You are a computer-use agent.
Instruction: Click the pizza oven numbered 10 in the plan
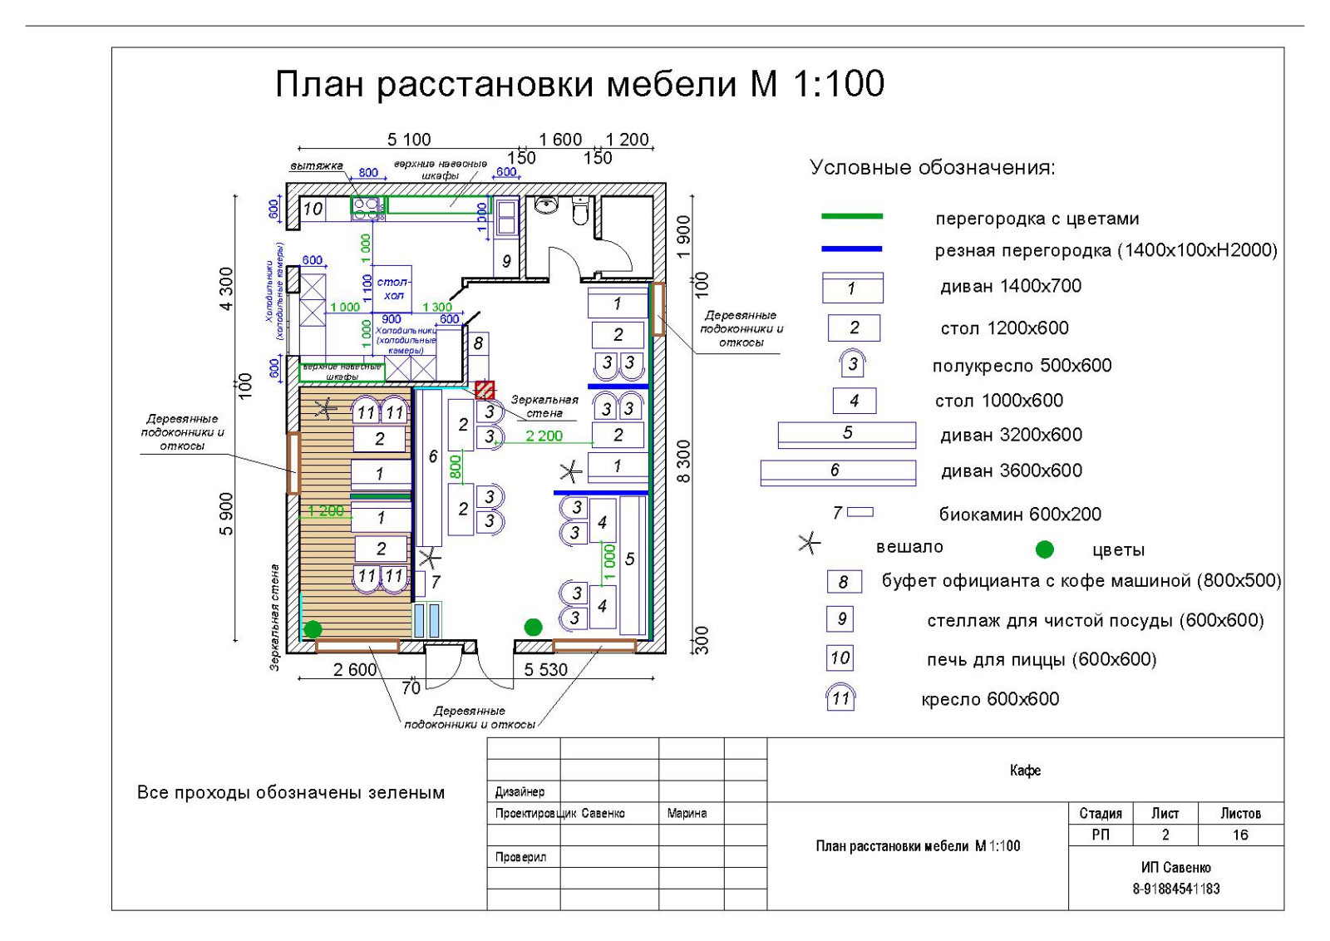coord(313,209)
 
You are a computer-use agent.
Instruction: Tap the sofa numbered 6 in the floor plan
coord(431,466)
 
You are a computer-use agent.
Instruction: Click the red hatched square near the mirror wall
coord(485,390)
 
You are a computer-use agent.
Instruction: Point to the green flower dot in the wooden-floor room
coord(313,629)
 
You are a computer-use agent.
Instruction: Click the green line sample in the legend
coord(851,216)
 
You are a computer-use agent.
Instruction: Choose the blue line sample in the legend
coord(851,249)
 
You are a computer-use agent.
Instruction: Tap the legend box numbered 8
coord(843,582)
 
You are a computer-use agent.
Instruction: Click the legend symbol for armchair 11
coord(840,697)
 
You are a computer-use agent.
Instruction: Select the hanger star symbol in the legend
coord(809,544)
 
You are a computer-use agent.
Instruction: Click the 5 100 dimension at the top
coord(409,140)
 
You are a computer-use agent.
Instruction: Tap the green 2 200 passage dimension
coord(544,436)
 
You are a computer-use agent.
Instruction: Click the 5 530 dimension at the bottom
coord(545,669)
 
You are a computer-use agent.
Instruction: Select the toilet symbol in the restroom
coord(581,211)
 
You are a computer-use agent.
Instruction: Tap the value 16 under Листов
coord(1240,835)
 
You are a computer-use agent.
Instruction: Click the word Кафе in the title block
coord(1025,771)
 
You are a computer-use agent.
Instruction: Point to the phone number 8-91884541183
coord(1175,889)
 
